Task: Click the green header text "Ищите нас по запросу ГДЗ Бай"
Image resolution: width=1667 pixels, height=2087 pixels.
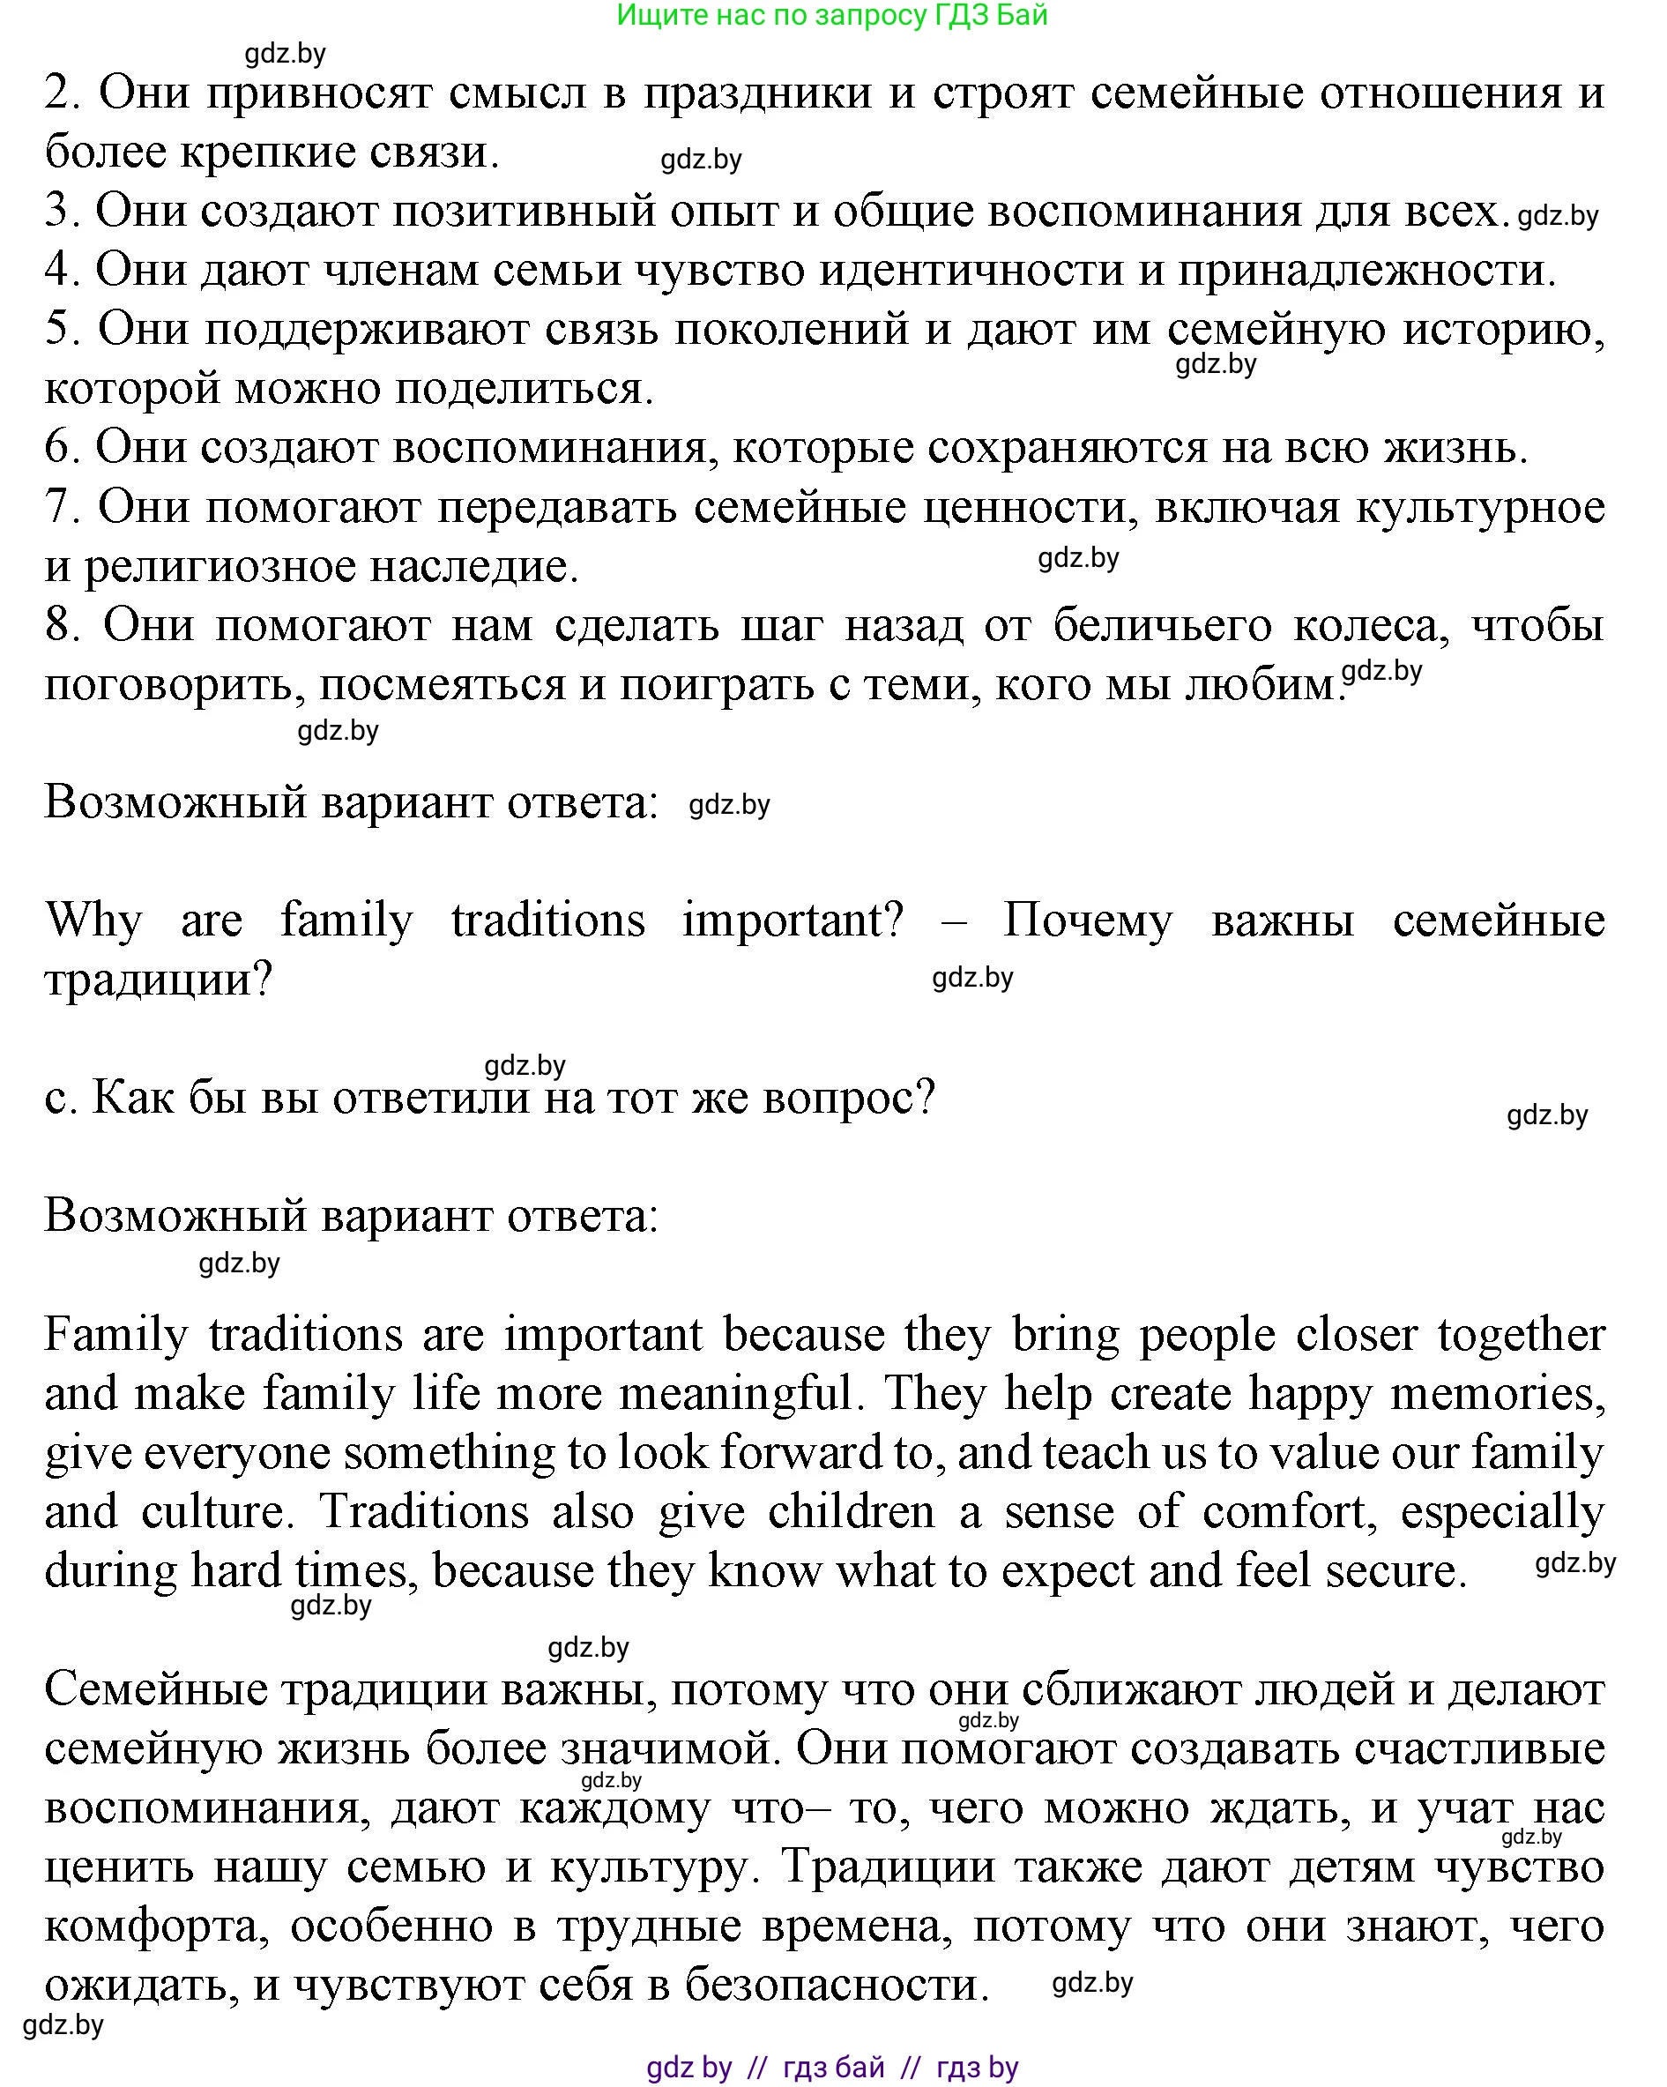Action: tap(831, 16)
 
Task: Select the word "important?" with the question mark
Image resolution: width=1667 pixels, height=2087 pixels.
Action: tap(793, 921)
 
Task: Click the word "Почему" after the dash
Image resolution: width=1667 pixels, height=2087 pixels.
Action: tap(1087, 921)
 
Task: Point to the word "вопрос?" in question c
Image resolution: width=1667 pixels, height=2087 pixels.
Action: tap(849, 1098)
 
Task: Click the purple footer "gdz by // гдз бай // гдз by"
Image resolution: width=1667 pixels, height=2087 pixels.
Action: tap(831, 2068)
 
